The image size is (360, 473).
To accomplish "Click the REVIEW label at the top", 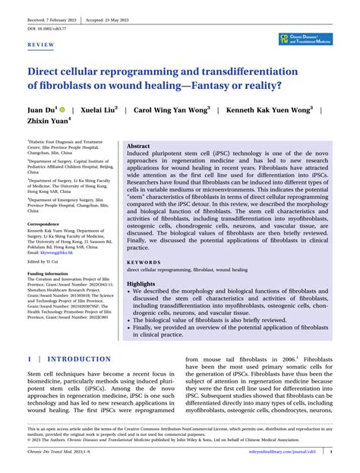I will [39, 45].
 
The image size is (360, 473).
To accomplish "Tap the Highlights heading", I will [142, 282].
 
